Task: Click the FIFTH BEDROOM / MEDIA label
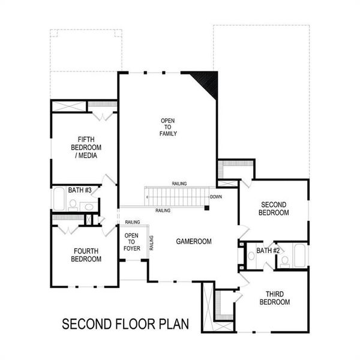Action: (85, 147)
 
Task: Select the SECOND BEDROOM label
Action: (273, 208)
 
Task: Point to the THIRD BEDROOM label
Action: (274, 298)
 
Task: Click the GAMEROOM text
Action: (194, 241)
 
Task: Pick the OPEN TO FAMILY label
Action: (168, 127)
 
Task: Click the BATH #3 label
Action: (79, 190)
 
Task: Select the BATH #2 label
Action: (268, 250)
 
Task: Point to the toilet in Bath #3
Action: (73, 204)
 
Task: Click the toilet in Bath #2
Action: (284, 261)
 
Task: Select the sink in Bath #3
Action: (88, 207)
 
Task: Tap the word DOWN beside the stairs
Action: (216, 197)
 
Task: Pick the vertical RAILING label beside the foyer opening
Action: (151, 242)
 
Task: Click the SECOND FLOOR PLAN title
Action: (125, 325)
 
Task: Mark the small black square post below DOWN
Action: (206, 208)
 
